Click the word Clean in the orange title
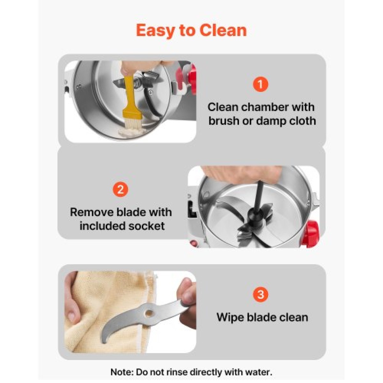[x=223, y=30]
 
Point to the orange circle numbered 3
[x=260, y=294]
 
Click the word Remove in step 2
[x=92, y=212]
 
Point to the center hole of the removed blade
[x=149, y=313]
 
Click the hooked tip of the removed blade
[x=103, y=341]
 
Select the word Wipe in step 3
[x=230, y=317]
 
